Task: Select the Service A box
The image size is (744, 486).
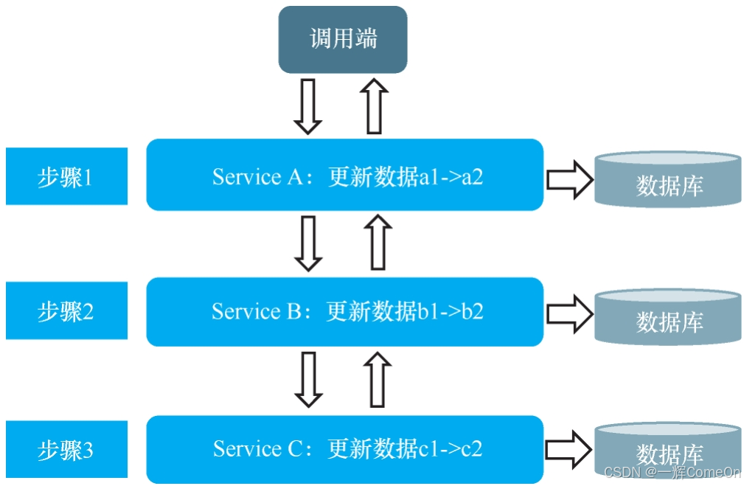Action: point(345,176)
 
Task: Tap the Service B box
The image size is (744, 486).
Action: point(345,312)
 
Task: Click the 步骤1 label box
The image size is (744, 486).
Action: point(66,177)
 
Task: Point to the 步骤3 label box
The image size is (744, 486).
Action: point(66,449)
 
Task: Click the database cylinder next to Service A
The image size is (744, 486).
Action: point(668,178)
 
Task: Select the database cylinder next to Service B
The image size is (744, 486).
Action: point(668,317)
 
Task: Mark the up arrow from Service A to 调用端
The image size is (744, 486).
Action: point(374,106)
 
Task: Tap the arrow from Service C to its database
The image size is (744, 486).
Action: point(570,448)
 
